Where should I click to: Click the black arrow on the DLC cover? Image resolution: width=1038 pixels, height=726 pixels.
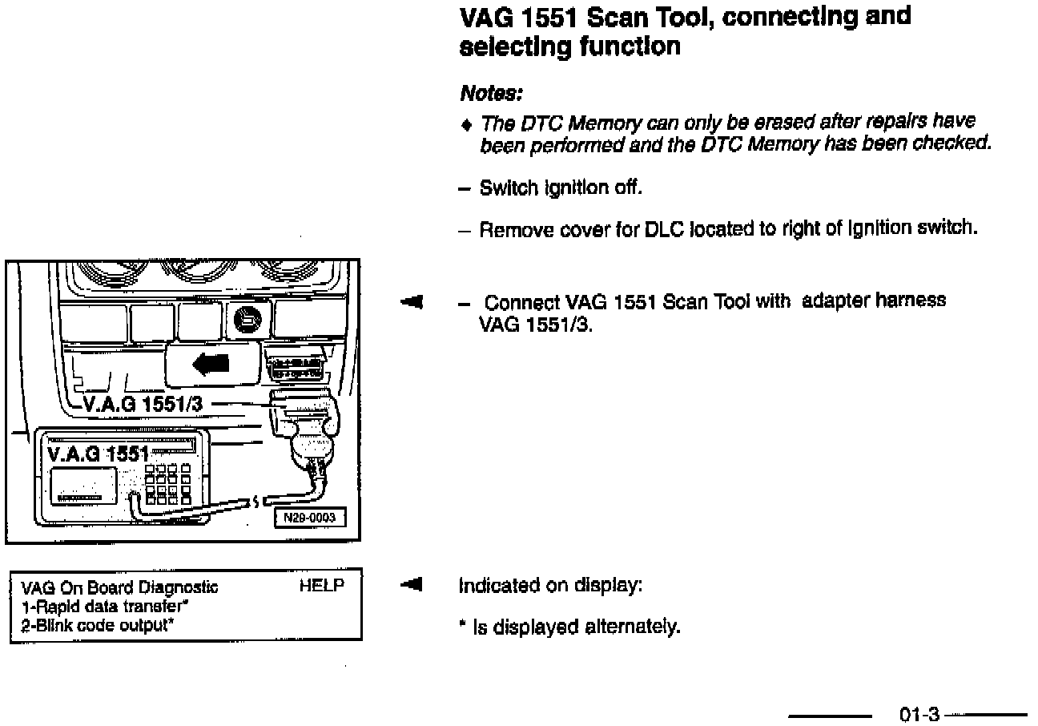pos(211,364)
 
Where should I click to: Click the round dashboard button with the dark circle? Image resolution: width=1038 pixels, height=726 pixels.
pos(246,322)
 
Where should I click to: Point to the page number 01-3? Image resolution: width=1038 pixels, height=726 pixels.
pos(919,714)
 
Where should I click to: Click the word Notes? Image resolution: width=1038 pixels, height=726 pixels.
pos(491,94)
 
